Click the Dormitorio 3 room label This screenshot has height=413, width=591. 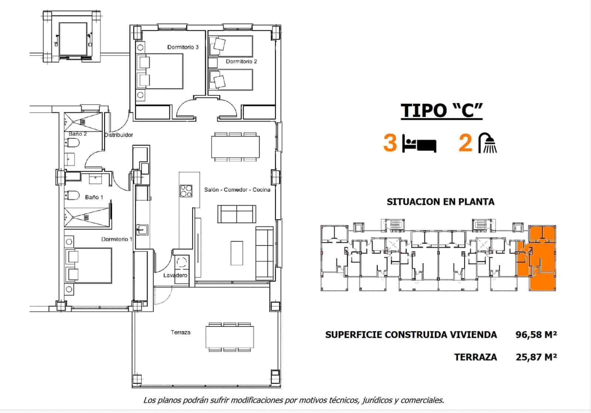(183, 47)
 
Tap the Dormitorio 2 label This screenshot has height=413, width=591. (241, 61)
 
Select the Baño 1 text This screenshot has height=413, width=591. (94, 197)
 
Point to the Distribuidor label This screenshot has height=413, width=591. (119, 135)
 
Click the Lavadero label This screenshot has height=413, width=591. (175, 275)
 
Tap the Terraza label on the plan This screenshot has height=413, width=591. (180, 332)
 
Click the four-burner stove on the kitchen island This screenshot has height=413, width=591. (186, 191)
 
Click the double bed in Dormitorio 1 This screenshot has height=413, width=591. (89, 266)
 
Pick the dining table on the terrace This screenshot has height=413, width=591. (230, 337)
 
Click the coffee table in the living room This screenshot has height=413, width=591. (237, 253)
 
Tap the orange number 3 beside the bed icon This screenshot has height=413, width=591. (390, 143)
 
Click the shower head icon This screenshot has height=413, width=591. (488, 143)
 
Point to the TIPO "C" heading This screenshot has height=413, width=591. (442, 110)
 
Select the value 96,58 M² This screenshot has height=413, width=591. (536, 335)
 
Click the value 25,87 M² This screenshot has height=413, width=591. (536, 357)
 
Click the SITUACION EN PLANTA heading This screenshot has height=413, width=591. (440, 202)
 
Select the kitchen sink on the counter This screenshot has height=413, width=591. (141, 230)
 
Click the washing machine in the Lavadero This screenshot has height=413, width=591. (181, 263)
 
